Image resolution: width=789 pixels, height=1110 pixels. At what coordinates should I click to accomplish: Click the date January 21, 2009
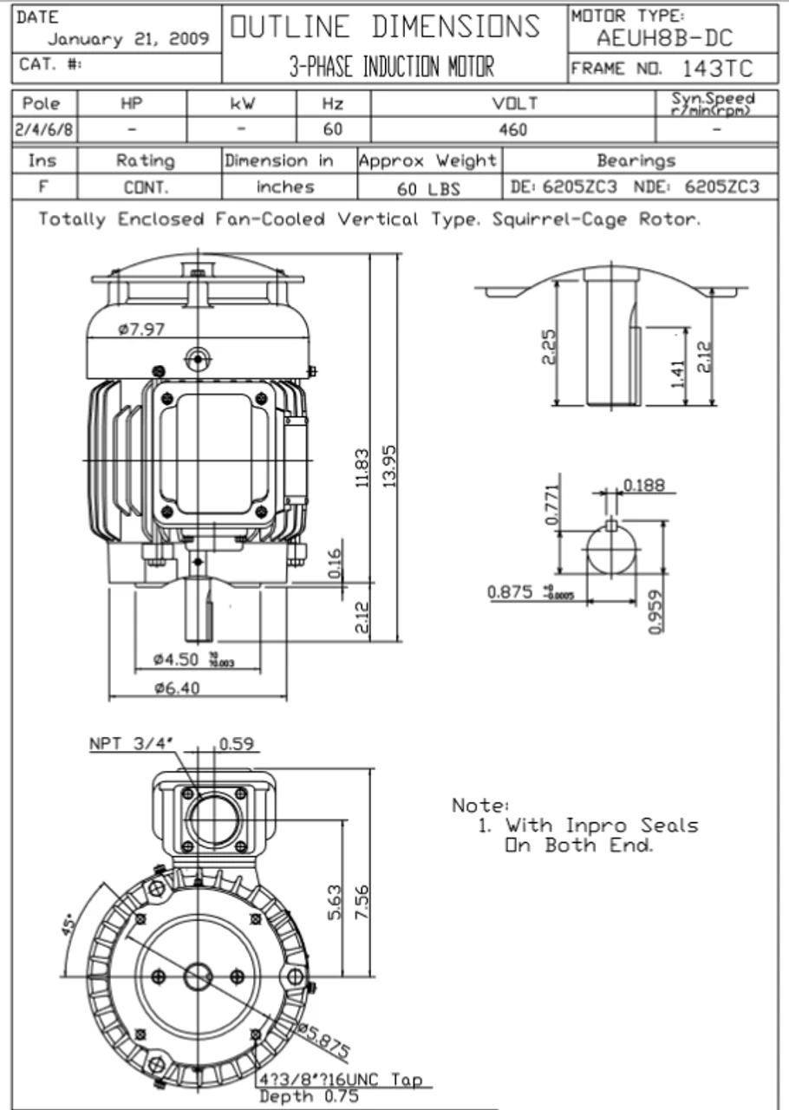tap(127, 39)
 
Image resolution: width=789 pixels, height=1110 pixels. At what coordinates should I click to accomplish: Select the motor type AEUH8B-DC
tap(664, 38)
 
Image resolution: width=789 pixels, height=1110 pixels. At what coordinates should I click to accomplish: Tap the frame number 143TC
tap(717, 69)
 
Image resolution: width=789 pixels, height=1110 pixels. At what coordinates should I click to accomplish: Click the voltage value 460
tap(512, 130)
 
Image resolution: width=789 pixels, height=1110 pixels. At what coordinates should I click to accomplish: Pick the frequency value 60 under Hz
tap(333, 130)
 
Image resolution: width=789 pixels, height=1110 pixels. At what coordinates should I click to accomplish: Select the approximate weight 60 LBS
tap(428, 188)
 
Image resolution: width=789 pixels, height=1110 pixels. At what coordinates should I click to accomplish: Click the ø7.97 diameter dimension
tap(141, 330)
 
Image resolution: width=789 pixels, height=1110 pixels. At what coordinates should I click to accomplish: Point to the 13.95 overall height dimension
tap(390, 466)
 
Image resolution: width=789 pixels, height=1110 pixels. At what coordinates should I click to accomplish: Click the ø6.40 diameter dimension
tap(177, 689)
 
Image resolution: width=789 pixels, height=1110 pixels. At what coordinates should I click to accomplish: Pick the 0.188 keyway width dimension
tap(643, 485)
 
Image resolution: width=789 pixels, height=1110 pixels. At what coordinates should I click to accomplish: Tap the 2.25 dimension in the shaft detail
tap(549, 347)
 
